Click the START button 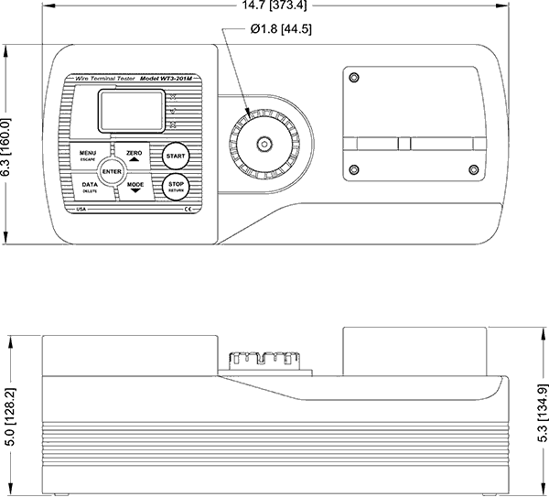(x=175, y=157)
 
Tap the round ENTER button (x=112, y=171)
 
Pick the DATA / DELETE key (x=89, y=188)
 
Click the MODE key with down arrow (x=135, y=188)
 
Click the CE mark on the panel (x=188, y=211)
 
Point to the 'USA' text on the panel (x=81, y=211)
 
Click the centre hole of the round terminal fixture (x=264, y=143)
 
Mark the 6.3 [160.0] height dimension (x=7, y=146)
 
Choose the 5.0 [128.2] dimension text (x=8, y=416)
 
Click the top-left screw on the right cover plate (x=354, y=78)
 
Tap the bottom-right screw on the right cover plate (x=472, y=169)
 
